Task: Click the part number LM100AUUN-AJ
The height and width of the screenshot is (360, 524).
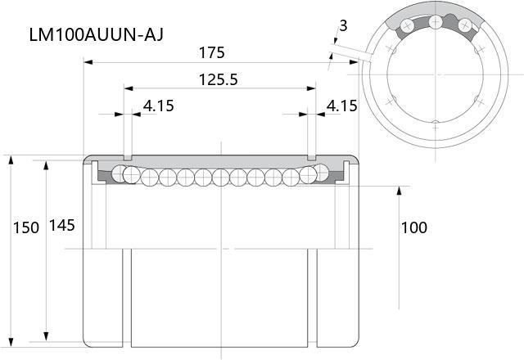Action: point(97,34)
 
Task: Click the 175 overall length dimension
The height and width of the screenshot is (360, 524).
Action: point(211,52)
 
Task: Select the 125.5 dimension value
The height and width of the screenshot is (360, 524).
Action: point(219,80)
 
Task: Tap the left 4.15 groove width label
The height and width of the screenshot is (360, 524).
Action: point(159,106)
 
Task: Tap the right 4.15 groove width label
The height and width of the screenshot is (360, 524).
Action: point(341,106)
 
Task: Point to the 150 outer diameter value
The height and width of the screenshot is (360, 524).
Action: point(26,227)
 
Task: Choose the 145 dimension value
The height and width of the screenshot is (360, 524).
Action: point(62,226)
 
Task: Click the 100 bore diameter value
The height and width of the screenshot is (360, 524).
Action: point(413,227)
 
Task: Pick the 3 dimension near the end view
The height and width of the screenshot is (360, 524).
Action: point(343,25)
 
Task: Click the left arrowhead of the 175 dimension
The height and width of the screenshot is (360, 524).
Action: point(88,62)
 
